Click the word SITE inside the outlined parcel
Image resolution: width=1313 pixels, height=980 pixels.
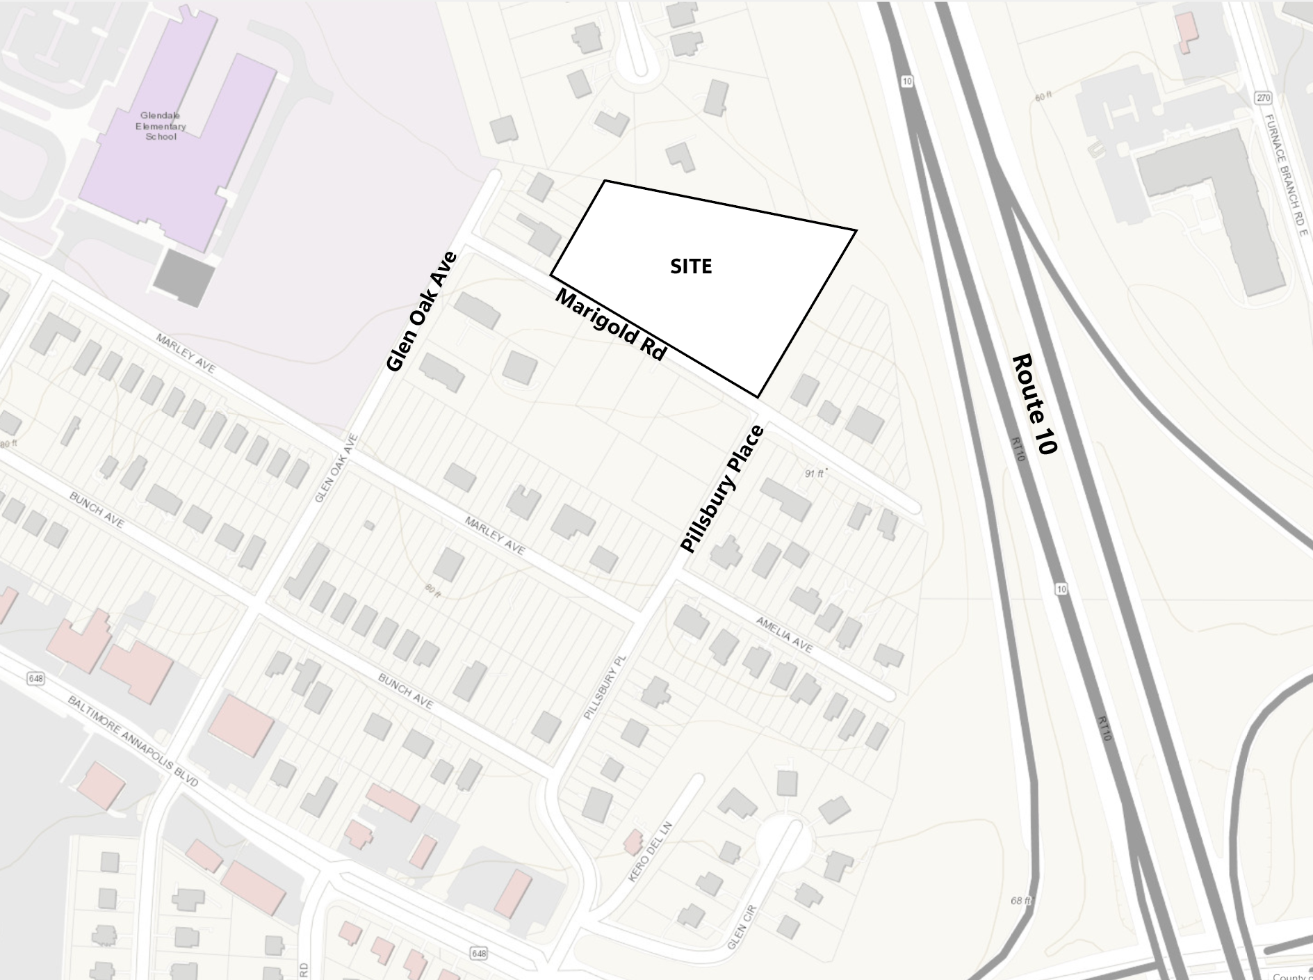[691, 266]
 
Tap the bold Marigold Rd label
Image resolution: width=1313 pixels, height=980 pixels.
[611, 326]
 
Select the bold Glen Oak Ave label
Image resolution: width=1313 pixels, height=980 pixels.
[422, 312]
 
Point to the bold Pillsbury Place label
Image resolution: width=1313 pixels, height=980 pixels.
[723, 489]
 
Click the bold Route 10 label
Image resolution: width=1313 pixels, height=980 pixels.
[1035, 404]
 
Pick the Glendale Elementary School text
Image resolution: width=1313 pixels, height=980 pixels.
[161, 126]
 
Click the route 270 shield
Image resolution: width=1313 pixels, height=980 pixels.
[1263, 98]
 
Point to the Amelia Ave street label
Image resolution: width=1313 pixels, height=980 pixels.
[784, 634]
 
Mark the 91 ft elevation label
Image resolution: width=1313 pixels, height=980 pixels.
[815, 474]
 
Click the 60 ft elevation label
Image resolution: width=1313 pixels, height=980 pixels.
[1043, 97]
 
